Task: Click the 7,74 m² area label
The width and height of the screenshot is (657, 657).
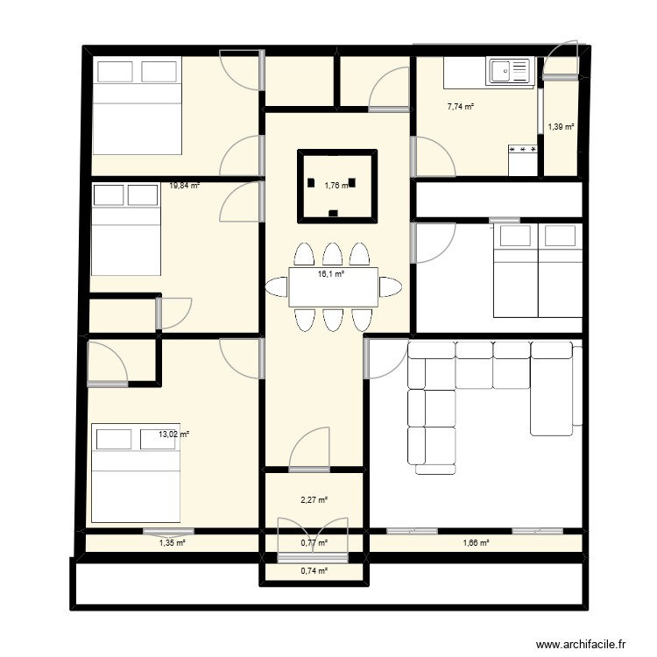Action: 460,107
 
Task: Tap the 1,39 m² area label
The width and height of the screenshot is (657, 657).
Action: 561,127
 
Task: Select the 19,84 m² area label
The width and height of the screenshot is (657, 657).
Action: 184,186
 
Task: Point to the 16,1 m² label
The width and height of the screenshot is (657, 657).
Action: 330,274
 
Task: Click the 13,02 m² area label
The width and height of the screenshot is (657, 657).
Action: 173,434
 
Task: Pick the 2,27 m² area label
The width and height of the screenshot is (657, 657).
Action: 314,500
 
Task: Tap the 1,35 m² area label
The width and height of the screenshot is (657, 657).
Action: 172,543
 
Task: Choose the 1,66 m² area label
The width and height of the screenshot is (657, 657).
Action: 475,543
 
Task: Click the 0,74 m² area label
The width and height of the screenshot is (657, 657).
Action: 314,571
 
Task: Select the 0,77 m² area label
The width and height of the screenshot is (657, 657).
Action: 314,543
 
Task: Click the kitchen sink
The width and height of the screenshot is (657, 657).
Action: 509,71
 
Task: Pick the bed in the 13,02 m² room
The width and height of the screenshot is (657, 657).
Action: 136,471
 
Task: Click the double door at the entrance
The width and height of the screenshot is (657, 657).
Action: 314,532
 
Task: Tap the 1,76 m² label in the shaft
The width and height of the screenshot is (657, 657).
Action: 336,185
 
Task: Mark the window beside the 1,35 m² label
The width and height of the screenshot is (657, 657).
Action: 168,531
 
